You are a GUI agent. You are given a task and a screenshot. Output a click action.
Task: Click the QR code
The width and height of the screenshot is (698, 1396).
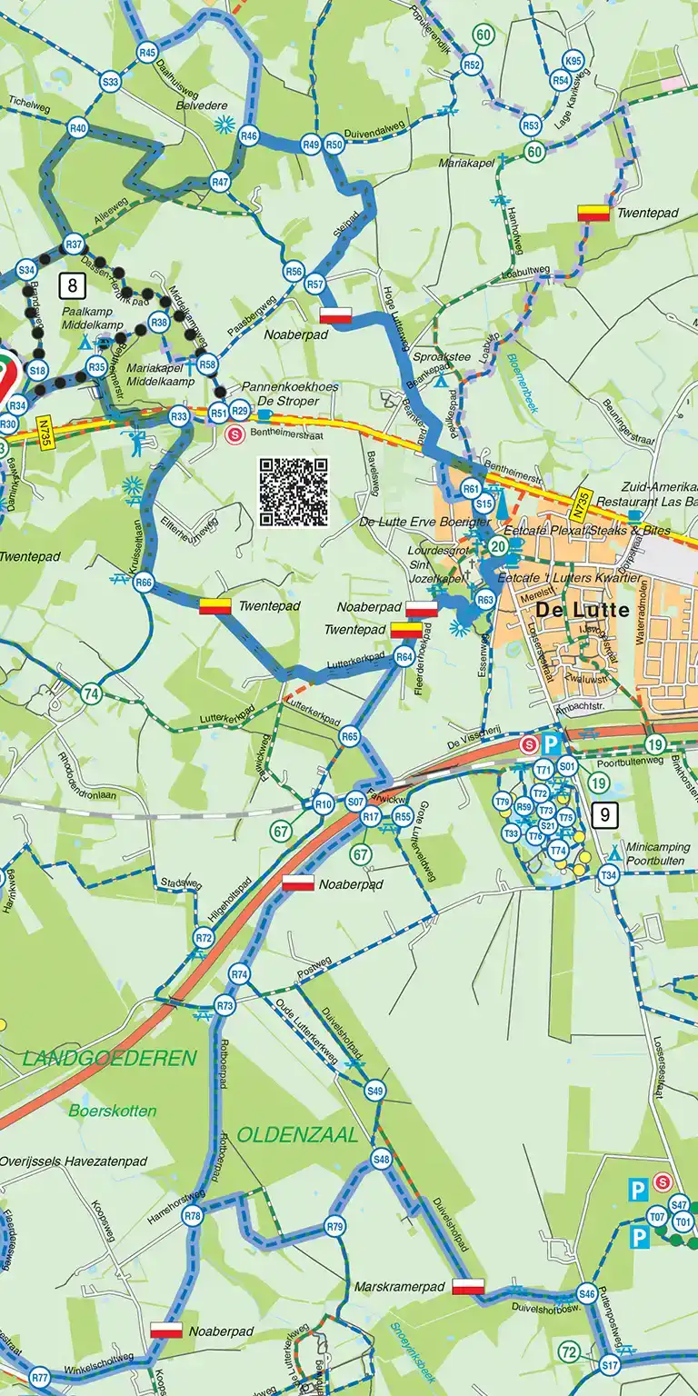coord(294,492)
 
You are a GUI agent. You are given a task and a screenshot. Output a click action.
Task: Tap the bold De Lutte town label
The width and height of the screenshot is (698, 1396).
coord(582,610)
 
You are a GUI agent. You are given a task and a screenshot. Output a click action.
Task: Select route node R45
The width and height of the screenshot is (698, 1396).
coord(147,53)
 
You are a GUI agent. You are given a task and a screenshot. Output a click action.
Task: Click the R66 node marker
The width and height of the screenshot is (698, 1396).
coord(143,583)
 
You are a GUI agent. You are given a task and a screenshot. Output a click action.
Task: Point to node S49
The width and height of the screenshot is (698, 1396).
coord(374,1092)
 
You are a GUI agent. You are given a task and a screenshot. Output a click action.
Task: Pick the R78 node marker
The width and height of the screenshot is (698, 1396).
coord(192,1216)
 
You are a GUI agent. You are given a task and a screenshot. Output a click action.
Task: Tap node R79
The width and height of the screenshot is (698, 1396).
coord(335,1227)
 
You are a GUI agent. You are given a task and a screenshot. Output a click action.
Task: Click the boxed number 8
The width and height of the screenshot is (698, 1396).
coord(73,285)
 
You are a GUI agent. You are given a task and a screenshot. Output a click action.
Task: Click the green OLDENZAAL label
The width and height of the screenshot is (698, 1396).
coord(297,1136)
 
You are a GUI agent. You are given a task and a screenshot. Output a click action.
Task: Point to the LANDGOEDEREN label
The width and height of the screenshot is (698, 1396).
coord(110,1058)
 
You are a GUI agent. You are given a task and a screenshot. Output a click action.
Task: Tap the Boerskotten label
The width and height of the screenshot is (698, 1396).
coord(112,1111)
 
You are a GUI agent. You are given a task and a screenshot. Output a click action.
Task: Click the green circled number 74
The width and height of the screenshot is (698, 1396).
coord(90,694)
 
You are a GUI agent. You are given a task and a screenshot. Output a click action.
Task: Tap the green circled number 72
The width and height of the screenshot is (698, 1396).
coord(569,1351)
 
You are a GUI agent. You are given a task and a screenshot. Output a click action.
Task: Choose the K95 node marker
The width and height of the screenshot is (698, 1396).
coord(573,61)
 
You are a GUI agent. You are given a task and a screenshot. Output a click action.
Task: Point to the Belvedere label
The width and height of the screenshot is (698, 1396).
coord(201,105)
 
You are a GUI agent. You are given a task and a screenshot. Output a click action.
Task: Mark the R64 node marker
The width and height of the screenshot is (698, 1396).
coord(405,657)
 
